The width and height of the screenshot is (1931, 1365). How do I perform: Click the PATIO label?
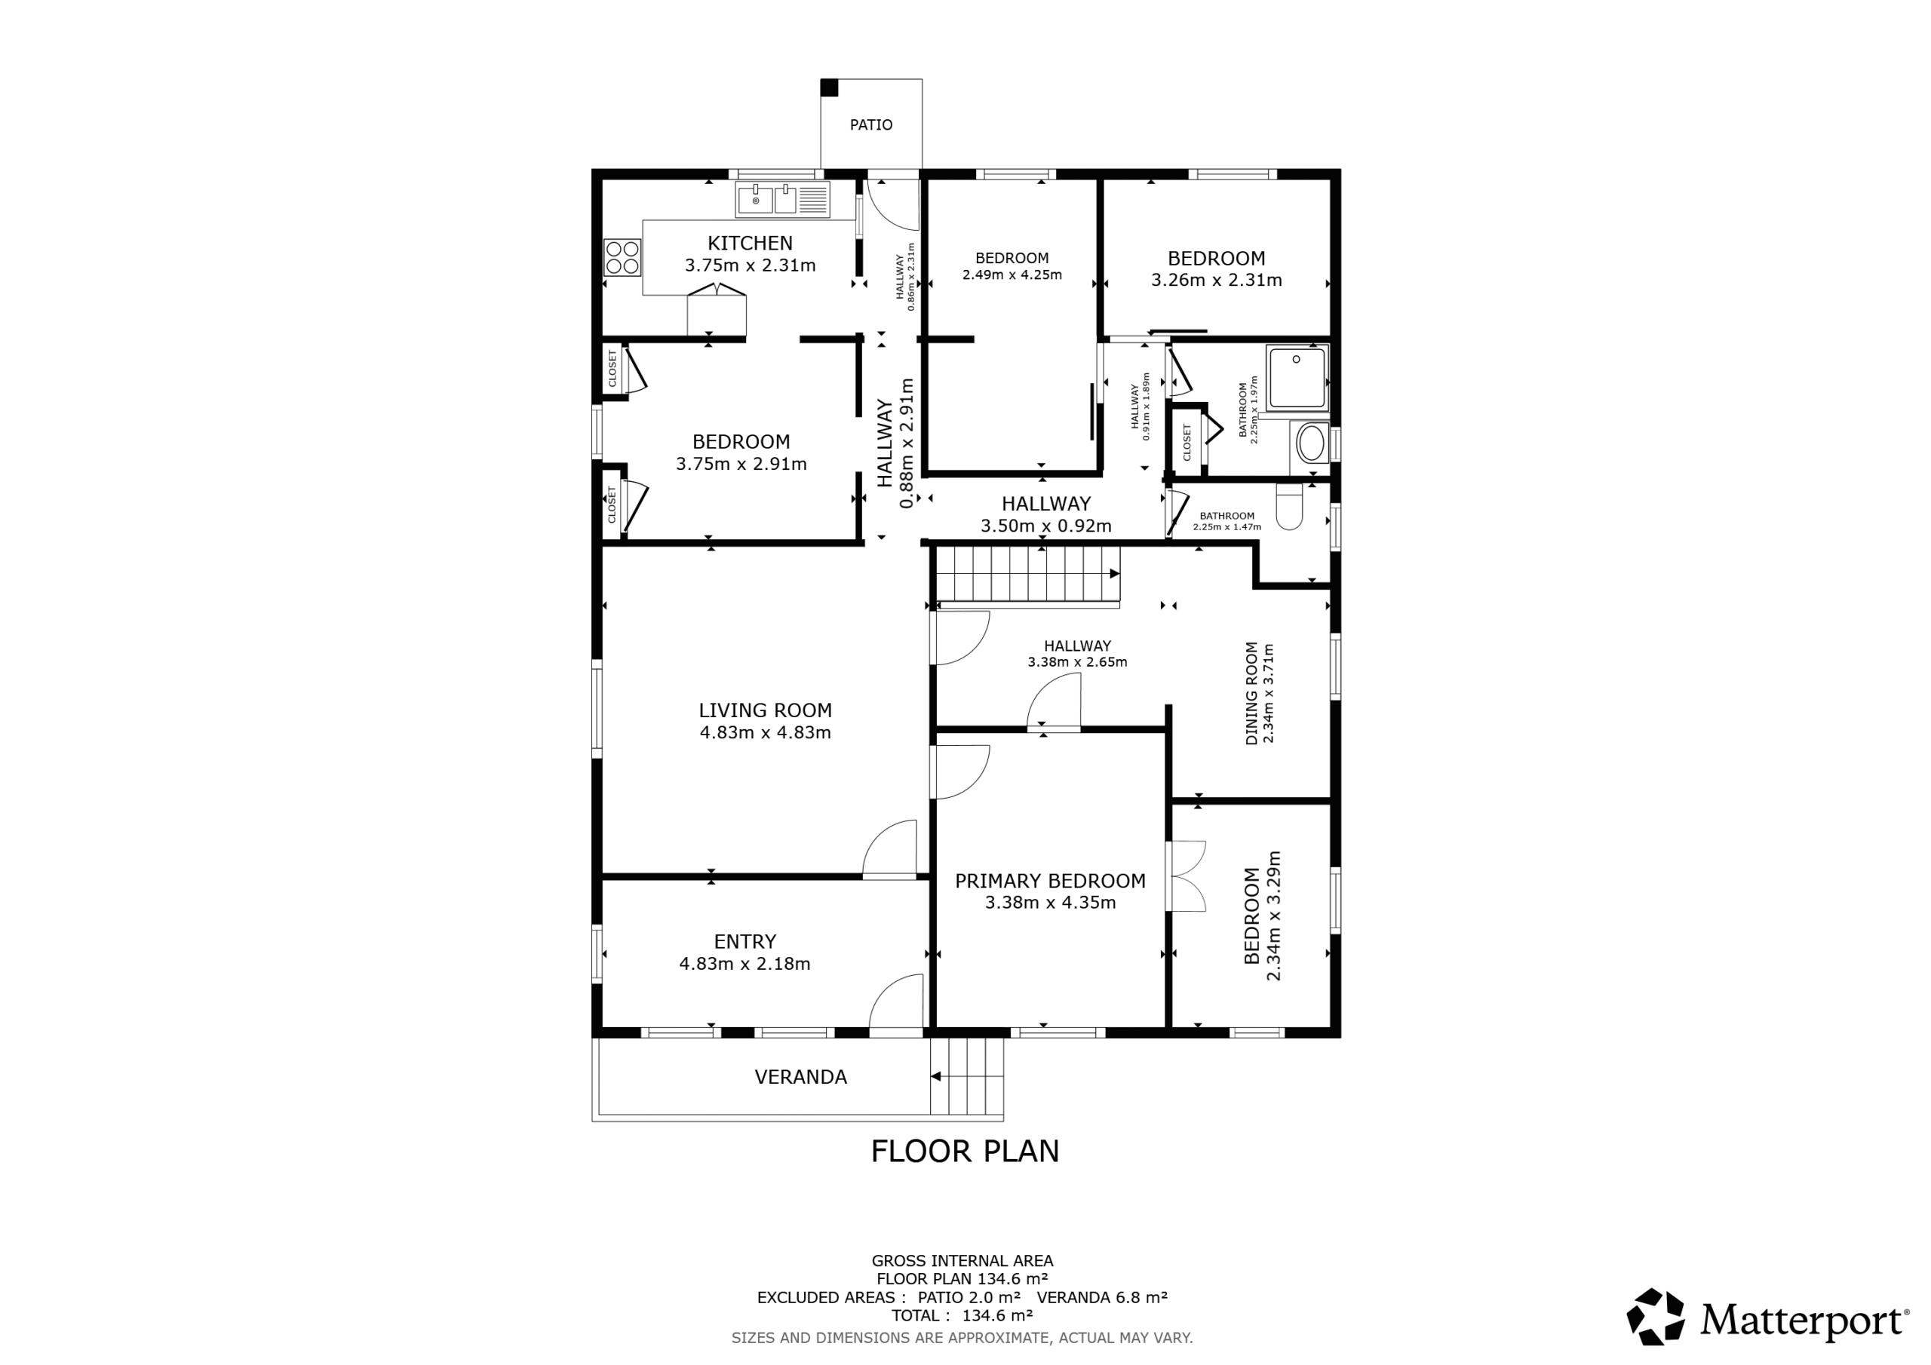(870, 125)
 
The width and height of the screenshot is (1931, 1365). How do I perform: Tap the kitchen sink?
(783, 200)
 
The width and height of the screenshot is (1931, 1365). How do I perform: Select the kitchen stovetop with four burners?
(622, 256)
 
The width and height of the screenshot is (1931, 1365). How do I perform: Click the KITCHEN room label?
(751, 244)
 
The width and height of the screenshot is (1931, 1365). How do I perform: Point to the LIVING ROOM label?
(766, 710)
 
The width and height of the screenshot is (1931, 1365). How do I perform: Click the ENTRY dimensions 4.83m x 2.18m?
(745, 964)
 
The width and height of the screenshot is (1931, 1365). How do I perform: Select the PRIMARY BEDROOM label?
(1051, 882)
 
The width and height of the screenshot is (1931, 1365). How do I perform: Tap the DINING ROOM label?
(1251, 693)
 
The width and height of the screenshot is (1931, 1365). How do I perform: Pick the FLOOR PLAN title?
(965, 1152)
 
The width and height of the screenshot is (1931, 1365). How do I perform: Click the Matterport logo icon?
(1655, 1316)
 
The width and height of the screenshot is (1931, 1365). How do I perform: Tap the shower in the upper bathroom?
(1297, 378)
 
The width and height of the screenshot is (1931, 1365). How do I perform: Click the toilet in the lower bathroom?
(1289, 506)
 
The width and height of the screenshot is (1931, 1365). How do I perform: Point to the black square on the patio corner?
(829, 87)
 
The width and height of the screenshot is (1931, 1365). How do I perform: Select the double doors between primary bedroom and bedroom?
(1186, 876)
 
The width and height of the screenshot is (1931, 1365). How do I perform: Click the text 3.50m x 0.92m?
(1046, 526)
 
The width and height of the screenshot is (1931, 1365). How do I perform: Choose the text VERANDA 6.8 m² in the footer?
(1102, 1298)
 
